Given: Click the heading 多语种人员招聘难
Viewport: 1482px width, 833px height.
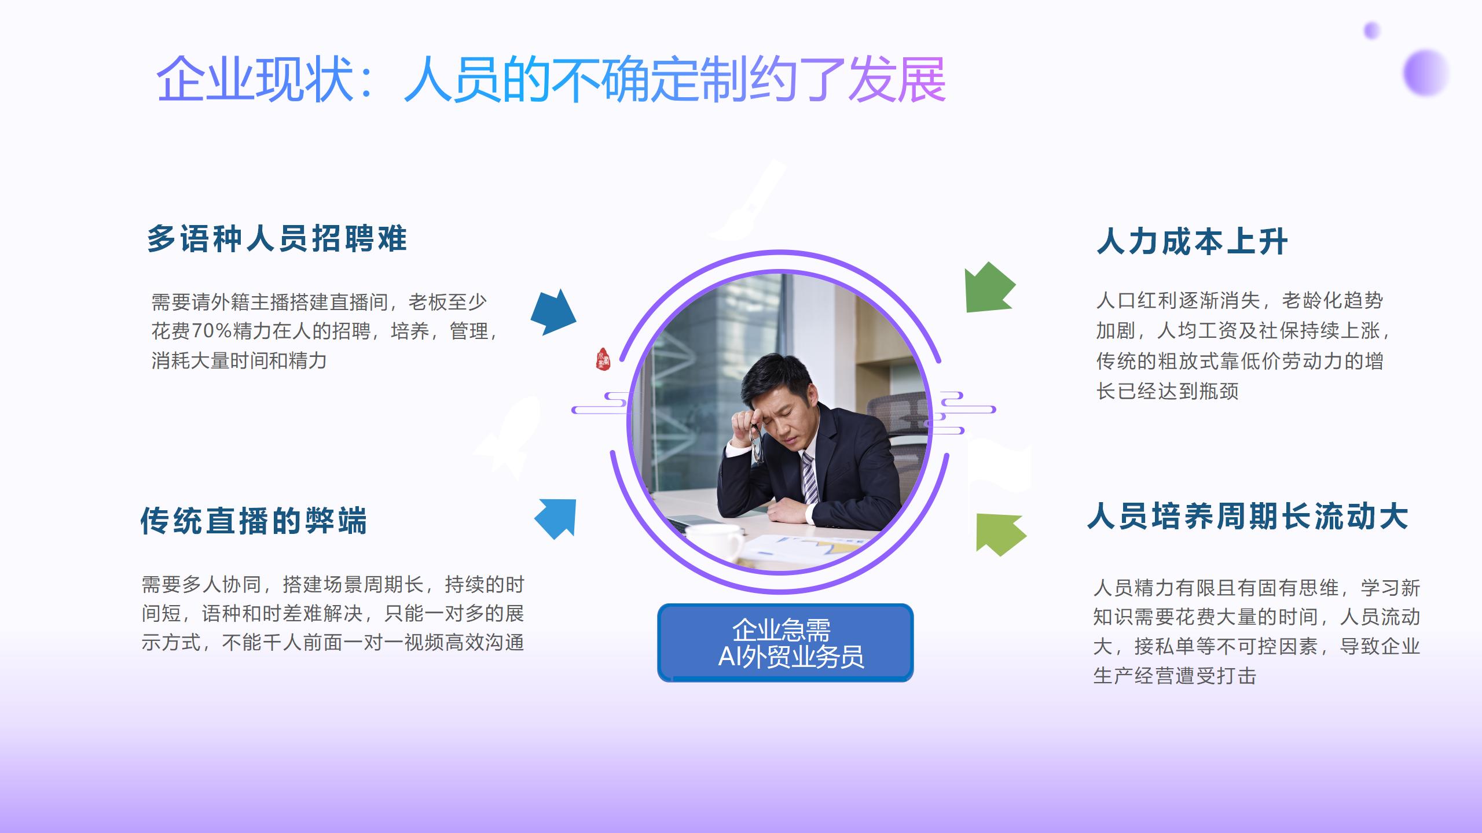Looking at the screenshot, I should pyautogui.click(x=277, y=238).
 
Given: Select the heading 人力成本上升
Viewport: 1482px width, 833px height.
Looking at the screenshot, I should pyautogui.click(x=1192, y=241).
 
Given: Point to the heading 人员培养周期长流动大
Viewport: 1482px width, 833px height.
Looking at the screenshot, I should pyautogui.click(x=1248, y=516).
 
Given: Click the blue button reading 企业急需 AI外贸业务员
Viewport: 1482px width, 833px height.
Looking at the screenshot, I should pyautogui.click(x=785, y=643).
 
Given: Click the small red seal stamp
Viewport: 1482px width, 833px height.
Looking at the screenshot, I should pyautogui.click(x=603, y=360).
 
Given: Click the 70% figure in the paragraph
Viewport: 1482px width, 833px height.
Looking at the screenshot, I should pyautogui.click(x=211, y=331).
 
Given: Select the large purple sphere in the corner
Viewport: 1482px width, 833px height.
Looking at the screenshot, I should pyautogui.click(x=1425, y=73).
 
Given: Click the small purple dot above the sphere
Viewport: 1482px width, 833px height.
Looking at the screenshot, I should pyautogui.click(x=1371, y=30).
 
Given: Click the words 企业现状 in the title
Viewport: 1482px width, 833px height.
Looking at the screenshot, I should pyautogui.click(x=255, y=79).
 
